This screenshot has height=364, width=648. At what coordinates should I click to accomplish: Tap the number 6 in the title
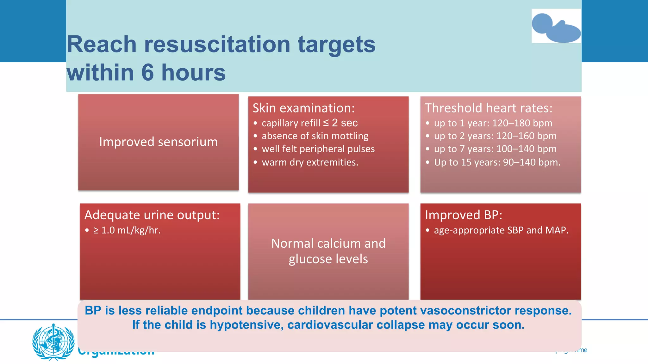[147, 73]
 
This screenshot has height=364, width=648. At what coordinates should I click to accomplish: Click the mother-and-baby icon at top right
[556, 27]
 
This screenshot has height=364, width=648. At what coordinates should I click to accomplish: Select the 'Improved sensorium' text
[158, 142]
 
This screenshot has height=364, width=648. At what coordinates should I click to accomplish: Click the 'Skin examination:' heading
[303, 108]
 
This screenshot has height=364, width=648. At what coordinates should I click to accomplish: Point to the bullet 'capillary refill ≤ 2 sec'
[309, 123]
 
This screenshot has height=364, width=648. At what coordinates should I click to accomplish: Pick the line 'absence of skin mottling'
[315, 136]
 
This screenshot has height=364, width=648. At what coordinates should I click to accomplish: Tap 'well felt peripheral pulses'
[318, 149]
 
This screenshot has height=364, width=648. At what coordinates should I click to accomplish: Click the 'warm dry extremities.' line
[310, 162]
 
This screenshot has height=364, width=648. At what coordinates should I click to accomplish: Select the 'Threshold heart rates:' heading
[488, 108]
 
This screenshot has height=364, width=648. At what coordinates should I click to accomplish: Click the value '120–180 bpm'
[522, 123]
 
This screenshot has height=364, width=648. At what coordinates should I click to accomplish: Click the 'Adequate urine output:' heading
[152, 215]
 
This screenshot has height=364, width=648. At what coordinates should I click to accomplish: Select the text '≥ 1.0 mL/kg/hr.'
[127, 230]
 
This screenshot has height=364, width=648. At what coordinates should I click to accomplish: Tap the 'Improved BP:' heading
[463, 215]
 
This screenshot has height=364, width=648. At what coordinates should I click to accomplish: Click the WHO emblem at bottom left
[53, 342]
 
